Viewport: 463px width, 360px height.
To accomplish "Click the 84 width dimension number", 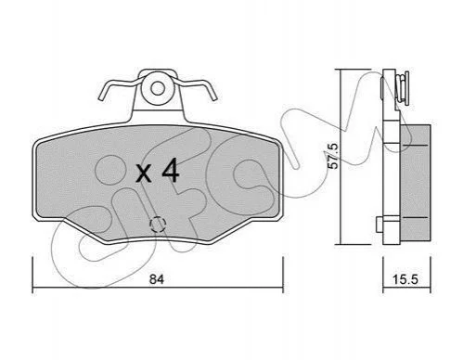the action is [157, 279].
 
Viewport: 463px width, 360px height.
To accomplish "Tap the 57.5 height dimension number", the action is [333, 156].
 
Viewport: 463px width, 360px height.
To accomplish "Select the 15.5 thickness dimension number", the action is [405, 279].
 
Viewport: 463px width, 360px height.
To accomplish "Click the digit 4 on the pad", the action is [170, 170].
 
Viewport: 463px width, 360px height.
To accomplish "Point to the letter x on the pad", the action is [144, 174].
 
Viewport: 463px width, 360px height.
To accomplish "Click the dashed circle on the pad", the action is [158, 224].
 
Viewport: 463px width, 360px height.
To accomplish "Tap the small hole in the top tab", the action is [158, 89].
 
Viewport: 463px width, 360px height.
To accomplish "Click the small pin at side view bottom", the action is [380, 224].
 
